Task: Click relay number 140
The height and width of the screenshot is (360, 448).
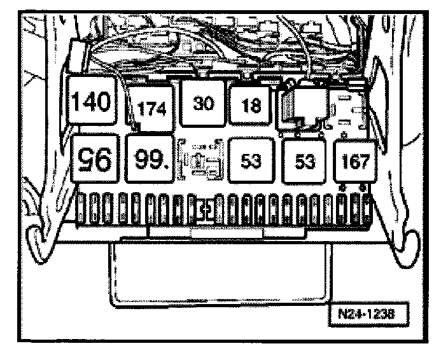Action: [x=91, y=102]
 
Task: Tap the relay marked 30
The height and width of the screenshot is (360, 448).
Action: [x=202, y=102]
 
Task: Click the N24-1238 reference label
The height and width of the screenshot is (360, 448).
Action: [x=375, y=314]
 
